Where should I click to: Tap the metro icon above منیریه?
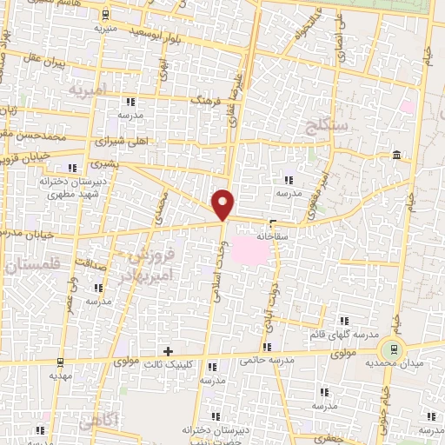point(105,15)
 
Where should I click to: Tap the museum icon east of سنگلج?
point(396,155)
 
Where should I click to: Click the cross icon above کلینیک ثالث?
point(169,350)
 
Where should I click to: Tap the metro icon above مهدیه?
point(60,362)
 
